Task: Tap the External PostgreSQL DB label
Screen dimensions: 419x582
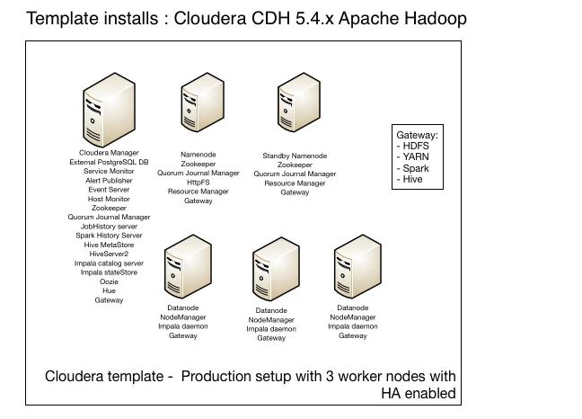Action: (x=109, y=162)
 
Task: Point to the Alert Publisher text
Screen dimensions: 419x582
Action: (x=109, y=180)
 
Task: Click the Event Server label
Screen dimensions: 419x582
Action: (x=109, y=190)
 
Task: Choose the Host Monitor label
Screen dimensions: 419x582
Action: (x=109, y=199)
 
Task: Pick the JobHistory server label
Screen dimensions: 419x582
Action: (x=109, y=227)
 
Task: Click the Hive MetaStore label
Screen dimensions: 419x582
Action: (x=109, y=245)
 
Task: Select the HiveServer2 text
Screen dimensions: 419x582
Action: (x=109, y=254)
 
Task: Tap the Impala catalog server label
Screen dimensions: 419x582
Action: (x=109, y=263)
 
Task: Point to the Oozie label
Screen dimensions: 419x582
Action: (x=109, y=281)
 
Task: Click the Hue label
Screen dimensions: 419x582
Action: (x=109, y=290)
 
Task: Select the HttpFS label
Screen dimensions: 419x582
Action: (x=198, y=182)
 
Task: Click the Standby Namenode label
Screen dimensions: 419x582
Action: (x=294, y=156)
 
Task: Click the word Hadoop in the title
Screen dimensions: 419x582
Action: (x=434, y=18)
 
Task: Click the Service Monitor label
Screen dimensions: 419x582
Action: (x=109, y=171)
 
